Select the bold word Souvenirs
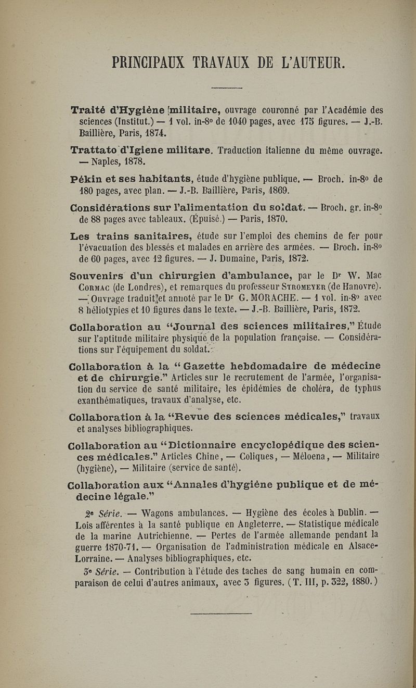click(96, 275)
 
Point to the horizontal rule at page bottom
click(221, 614)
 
